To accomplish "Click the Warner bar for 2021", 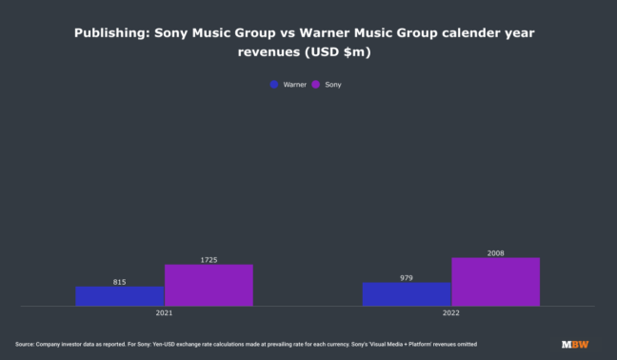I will point(120,296).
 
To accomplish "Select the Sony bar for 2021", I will point(209,285).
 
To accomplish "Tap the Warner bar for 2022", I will point(407,294).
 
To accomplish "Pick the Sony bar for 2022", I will point(495,282).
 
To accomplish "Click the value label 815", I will point(120,282).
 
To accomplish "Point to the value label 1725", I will point(209,259).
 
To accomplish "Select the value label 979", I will point(407,277).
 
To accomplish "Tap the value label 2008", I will point(495,253).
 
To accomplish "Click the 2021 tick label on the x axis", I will point(165,312).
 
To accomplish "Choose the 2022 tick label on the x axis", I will point(450,312).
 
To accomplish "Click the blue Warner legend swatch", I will point(274,85).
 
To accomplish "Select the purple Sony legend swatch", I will point(317,85).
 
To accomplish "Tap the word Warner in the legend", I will point(294,85).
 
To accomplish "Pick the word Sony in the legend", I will point(333,85).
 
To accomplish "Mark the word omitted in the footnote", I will point(464,344).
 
